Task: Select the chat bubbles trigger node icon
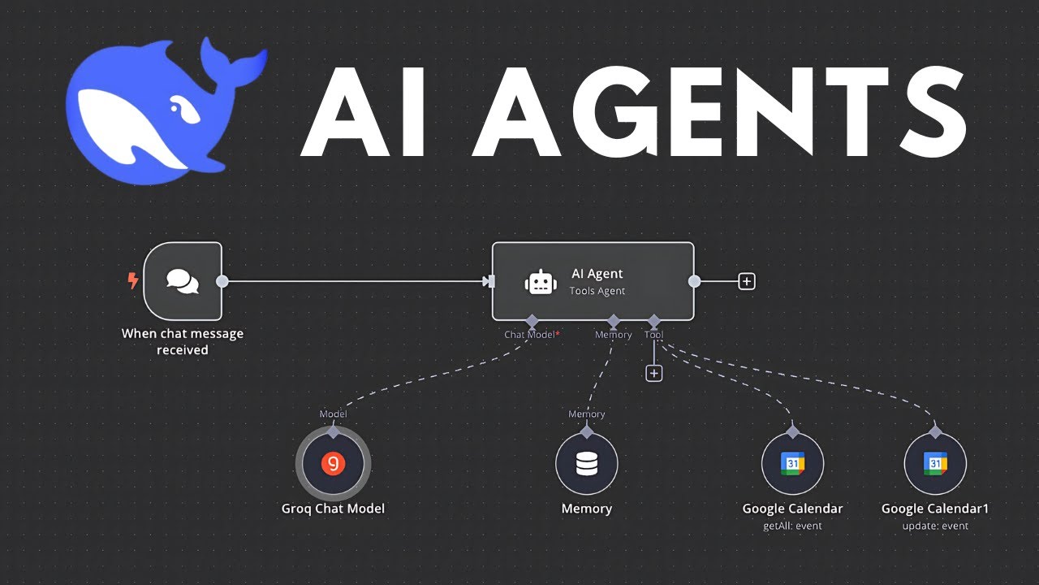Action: (183, 281)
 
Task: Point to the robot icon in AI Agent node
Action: (541, 282)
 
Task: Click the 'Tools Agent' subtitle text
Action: (597, 291)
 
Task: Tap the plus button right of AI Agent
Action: (747, 281)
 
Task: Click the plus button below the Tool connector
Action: (653, 373)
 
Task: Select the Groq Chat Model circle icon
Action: (333, 463)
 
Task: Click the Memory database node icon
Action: (586, 464)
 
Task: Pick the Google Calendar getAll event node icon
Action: (792, 464)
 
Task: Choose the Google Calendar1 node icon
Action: (935, 464)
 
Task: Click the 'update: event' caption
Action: (935, 526)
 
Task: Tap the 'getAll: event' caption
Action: (792, 526)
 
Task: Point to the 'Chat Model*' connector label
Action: (532, 335)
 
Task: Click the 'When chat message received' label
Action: (183, 341)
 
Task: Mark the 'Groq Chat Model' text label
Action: (333, 509)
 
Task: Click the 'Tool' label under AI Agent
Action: (653, 335)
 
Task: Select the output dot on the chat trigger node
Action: (222, 281)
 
